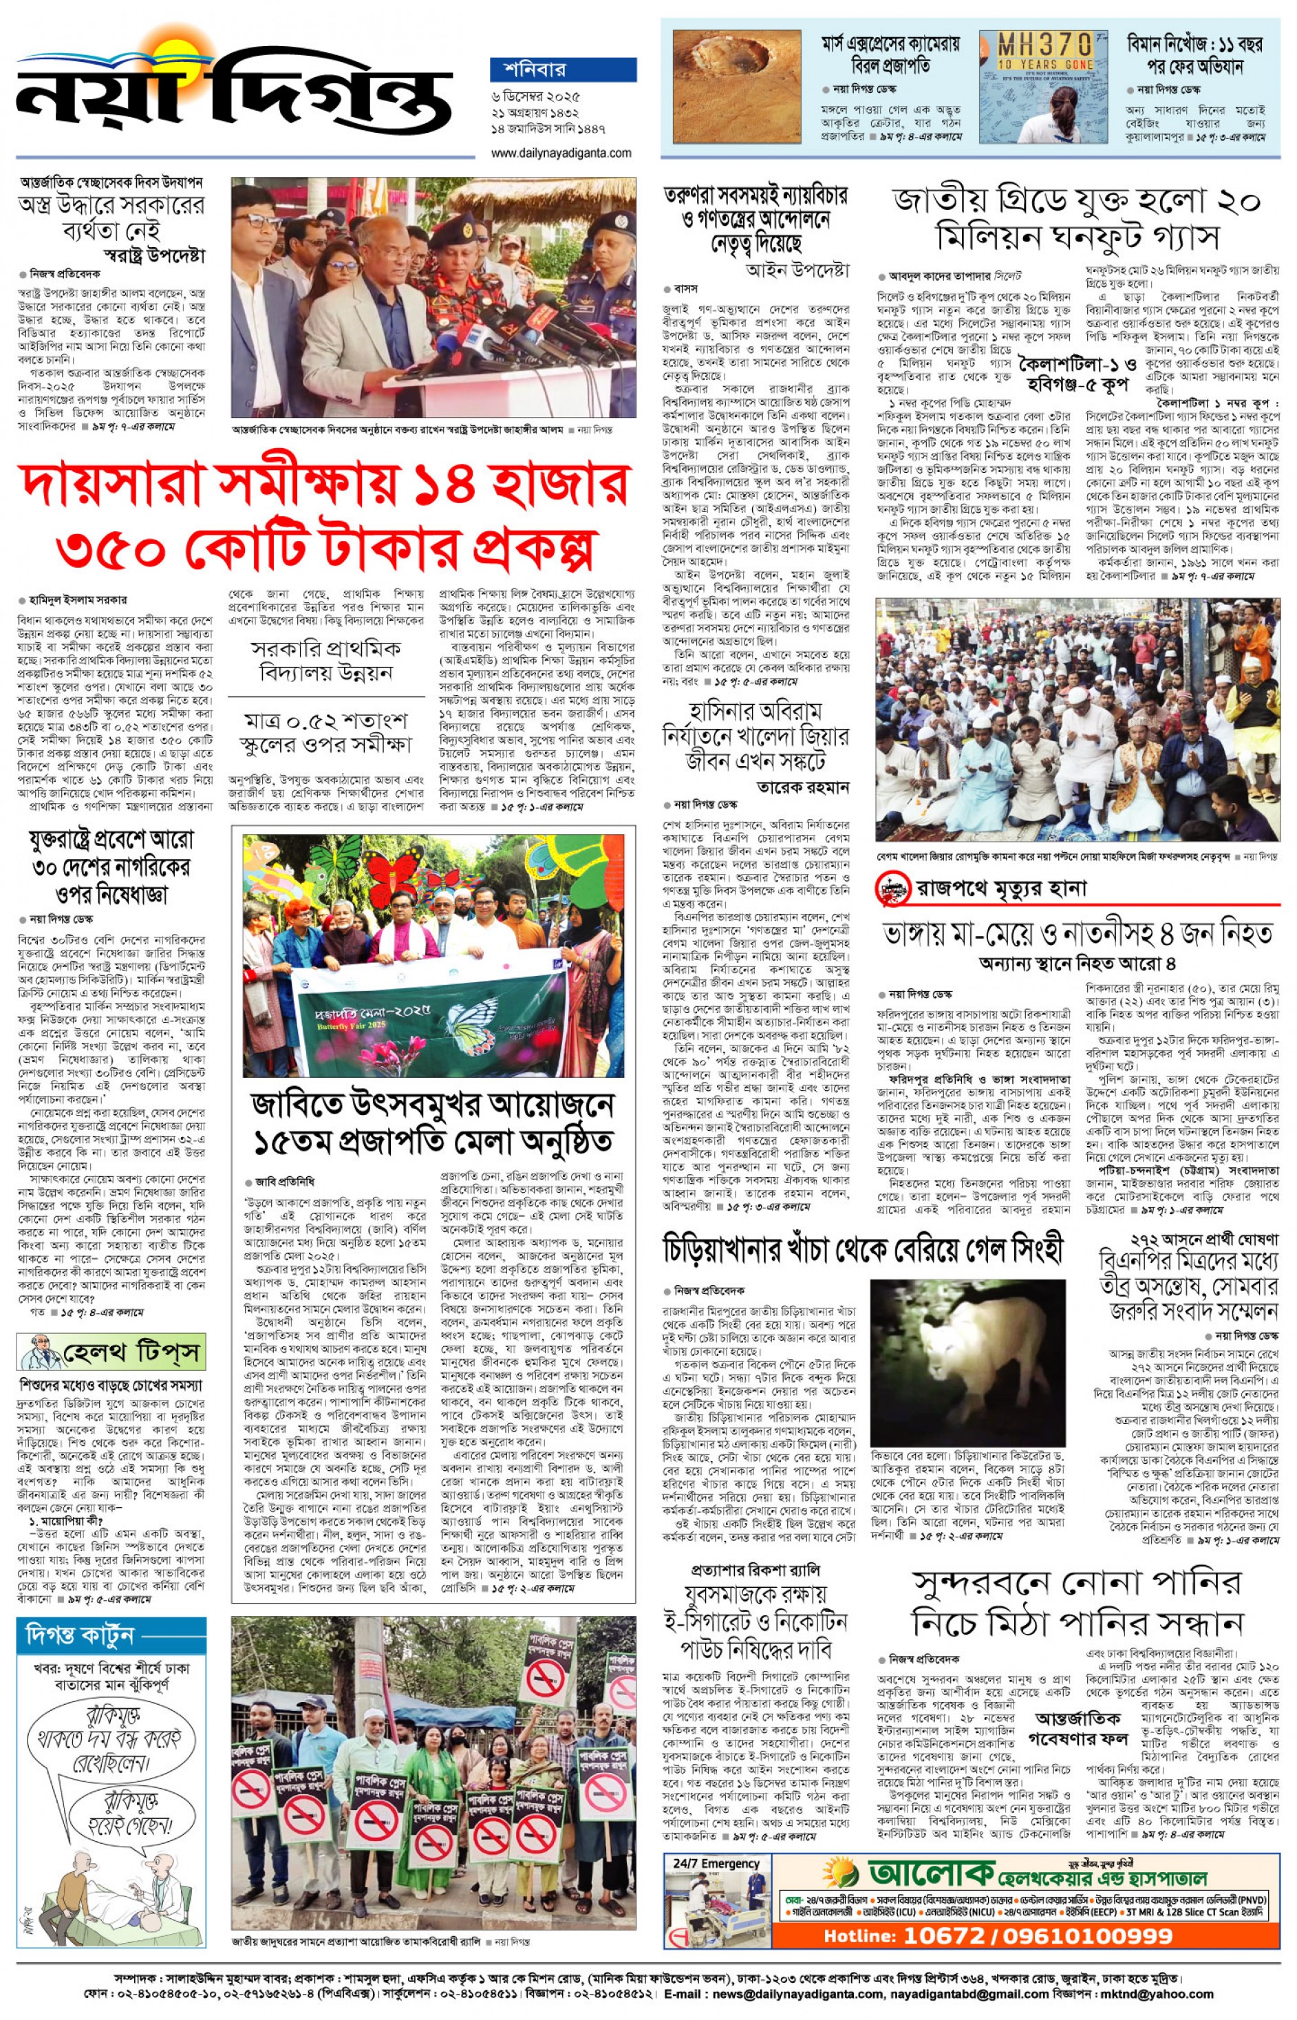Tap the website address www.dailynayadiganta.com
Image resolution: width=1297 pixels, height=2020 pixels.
click(561, 153)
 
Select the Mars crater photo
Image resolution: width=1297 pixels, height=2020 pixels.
click(736, 87)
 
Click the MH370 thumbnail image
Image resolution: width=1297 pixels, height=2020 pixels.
click(1044, 87)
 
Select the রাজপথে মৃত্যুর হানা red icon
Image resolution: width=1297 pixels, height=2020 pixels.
click(894, 888)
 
